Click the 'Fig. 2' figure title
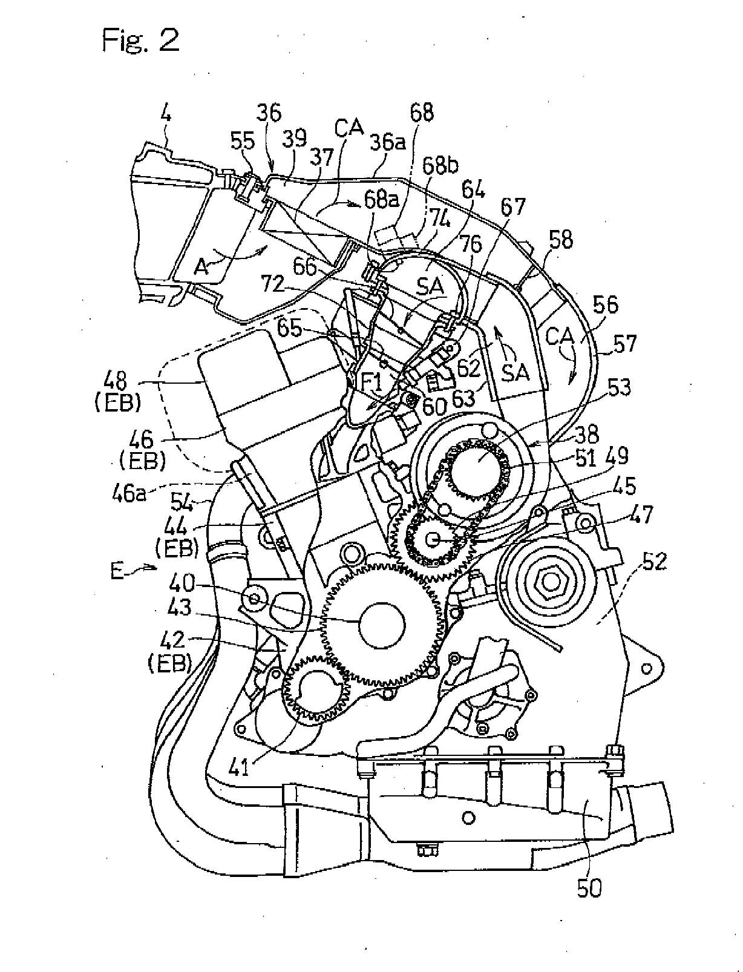coord(140,41)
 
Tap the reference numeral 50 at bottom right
coord(588,888)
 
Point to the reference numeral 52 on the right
coord(653,563)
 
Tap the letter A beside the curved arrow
coord(201,266)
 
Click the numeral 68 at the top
coord(421,113)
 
